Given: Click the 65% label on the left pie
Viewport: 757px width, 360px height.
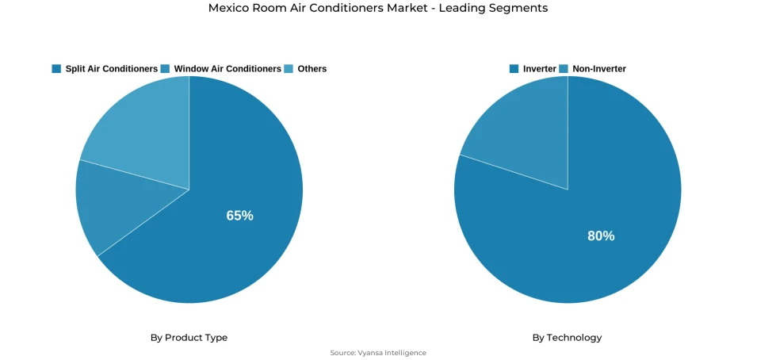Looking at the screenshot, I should pos(239,216).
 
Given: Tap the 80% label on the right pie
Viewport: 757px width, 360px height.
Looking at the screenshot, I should pos(601,236).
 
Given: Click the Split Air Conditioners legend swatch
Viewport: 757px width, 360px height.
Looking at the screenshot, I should pos(56,69).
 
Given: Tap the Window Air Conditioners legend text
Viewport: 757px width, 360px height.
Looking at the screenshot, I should pos(227,69).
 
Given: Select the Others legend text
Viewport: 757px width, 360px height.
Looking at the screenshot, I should pos(312,69).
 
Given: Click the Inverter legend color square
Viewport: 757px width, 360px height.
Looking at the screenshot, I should pos(514,69).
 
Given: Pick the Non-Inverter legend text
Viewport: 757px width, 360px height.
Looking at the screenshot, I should pos(599,69).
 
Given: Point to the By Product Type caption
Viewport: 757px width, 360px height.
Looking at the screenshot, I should pos(189,338).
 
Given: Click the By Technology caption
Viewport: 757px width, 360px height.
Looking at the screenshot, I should pos(567,338).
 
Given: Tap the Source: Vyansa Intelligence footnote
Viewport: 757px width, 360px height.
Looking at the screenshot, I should pos(378,353).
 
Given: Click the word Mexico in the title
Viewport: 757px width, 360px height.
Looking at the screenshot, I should pos(228,8).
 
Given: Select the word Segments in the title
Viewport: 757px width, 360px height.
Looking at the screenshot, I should pos(520,8).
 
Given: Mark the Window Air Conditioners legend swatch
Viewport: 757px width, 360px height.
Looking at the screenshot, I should pos(165,69).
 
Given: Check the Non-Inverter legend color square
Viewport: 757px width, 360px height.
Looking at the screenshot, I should pos(564,69).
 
